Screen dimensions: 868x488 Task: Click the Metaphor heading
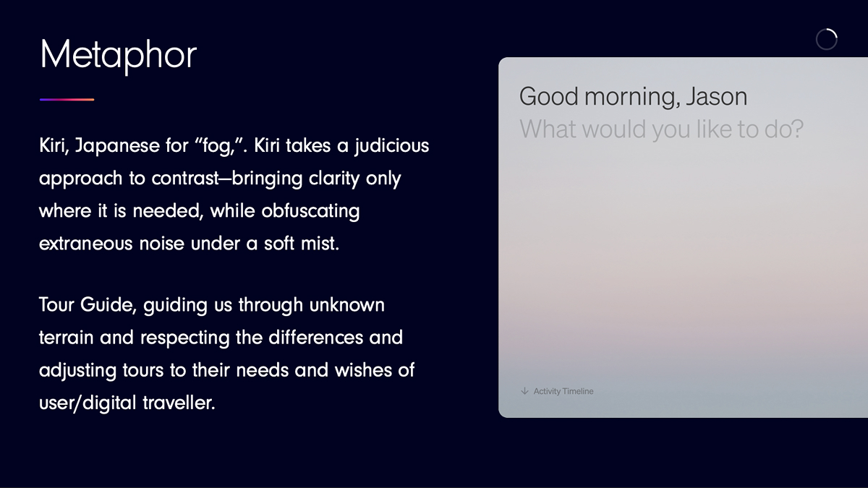pos(118,56)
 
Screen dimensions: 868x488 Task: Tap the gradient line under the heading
pos(67,100)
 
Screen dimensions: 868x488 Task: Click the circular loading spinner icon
pos(827,39)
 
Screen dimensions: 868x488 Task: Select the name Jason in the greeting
pos(717,97)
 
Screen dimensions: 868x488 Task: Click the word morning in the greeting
pos(632,97)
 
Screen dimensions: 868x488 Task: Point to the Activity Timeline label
pos(563,391)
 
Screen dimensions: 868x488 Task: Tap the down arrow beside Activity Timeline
pos(524,391)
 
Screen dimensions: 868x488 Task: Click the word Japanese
pos(116,146)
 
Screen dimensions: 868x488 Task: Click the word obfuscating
pos(310,212)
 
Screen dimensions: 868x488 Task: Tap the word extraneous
pos(85,244)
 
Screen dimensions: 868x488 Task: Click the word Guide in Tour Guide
pos(108,305)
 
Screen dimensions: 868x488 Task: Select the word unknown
pos(346,305)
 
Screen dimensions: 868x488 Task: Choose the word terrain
pos(67,338)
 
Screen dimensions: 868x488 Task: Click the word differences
pos(316,338)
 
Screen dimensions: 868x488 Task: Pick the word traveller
pos(179,403)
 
